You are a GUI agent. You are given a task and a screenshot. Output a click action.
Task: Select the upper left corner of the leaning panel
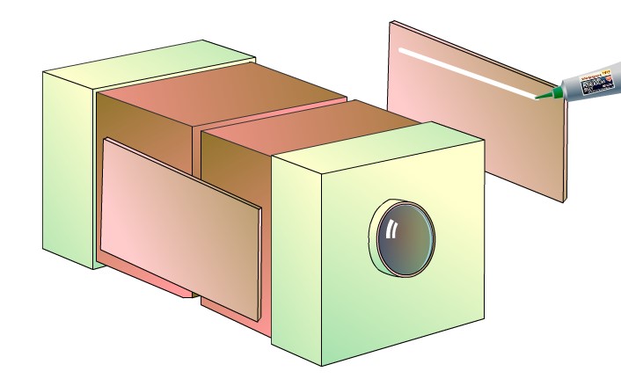[x=106, y=140]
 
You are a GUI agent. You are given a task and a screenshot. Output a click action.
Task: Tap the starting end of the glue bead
[x=403, y=50]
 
